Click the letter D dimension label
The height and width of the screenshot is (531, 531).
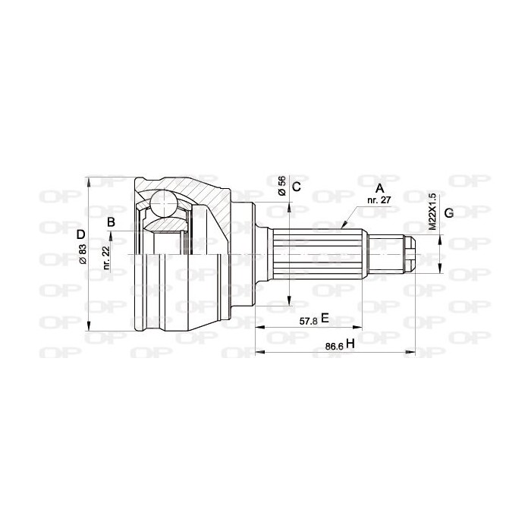80,234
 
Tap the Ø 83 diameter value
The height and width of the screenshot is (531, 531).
83,254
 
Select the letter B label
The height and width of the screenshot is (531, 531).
111,222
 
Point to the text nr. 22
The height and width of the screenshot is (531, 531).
106,258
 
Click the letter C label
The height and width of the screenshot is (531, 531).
297,187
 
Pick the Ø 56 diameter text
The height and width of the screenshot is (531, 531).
281,186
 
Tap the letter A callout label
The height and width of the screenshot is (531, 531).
379,187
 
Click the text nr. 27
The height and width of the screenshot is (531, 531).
379,200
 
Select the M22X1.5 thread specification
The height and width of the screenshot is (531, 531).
432,212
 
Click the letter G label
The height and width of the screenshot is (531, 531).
449,213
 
